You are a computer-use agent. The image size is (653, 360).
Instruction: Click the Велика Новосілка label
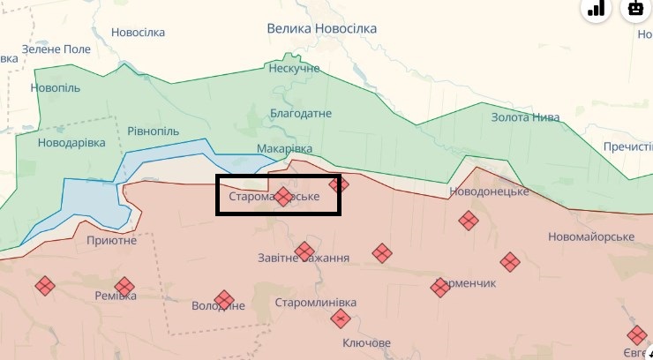pos(321,28)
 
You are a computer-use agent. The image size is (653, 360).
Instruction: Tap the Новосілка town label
pos(138,33)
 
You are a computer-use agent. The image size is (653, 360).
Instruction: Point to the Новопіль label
pos(55,87)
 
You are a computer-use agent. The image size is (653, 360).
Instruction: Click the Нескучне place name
pos(294,68)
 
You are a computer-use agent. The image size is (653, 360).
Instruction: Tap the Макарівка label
pos(285,148)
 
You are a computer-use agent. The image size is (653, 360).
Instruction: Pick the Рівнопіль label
pos(154,131)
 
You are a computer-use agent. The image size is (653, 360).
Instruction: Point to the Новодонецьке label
pos(489,191)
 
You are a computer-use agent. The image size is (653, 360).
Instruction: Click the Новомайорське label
pos(591,237)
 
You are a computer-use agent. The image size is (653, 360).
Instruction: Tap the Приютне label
pos(112,239)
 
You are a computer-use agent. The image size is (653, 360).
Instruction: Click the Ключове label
pos(366,342)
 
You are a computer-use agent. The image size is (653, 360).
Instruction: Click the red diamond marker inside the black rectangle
pos(283,196)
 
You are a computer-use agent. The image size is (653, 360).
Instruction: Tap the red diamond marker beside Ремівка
pos(124,286)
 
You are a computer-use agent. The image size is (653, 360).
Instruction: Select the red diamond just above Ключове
pos(342,319)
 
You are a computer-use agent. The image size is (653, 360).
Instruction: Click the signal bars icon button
pos(596,9)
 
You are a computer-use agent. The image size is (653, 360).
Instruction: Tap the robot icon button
pos(635,9)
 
